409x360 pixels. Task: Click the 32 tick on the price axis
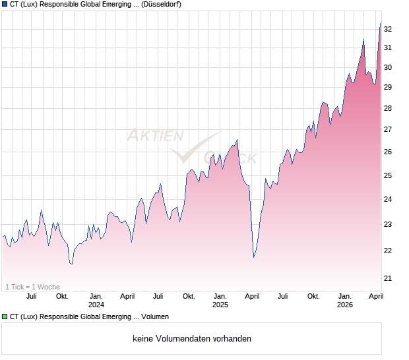[x=388, y=29]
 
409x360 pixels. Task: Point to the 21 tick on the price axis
[x=388, y=278]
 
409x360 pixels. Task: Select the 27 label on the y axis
[x=388, y=129]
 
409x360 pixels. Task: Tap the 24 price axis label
[x=388, y=199]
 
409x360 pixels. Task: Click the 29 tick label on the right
[x=388, y=87]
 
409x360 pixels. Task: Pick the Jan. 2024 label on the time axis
[x=96, y=300]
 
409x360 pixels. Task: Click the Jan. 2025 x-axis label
[x=220, y=300]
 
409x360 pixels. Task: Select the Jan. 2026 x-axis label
[x=345, y=300]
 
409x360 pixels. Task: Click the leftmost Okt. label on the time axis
[x=62, y=296]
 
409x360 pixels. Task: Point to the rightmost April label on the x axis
[x=376, y=296]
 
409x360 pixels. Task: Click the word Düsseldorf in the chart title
[x=162, y=4]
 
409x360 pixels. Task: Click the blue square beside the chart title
[x=5, y=4]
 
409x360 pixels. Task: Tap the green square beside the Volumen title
[x=5, y=316]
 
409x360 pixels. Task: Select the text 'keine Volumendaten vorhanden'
[x=192, y=339]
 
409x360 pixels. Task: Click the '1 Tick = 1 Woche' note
[x=32, y=287]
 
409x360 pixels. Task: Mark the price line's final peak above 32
[x=380, y=24]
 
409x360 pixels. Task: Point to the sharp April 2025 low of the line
[x=254, y=257]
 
